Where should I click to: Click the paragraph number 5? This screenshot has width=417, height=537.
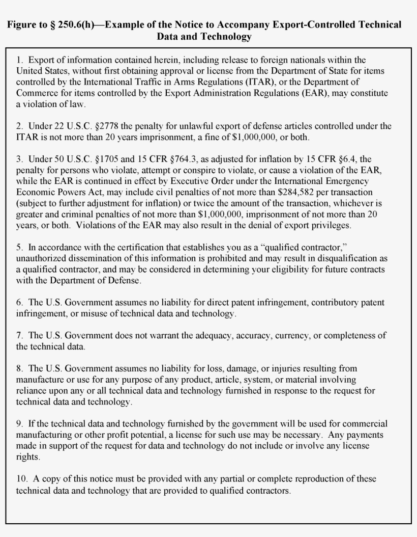(19, 247)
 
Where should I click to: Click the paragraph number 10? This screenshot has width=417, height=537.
(22, 479)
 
